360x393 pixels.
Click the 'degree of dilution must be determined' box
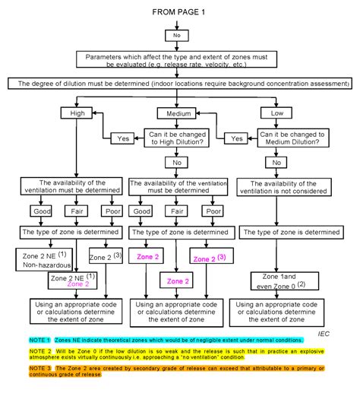coord(179,83)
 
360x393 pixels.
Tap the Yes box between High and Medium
coord(122,139)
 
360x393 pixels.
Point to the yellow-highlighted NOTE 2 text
coord(180,357)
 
